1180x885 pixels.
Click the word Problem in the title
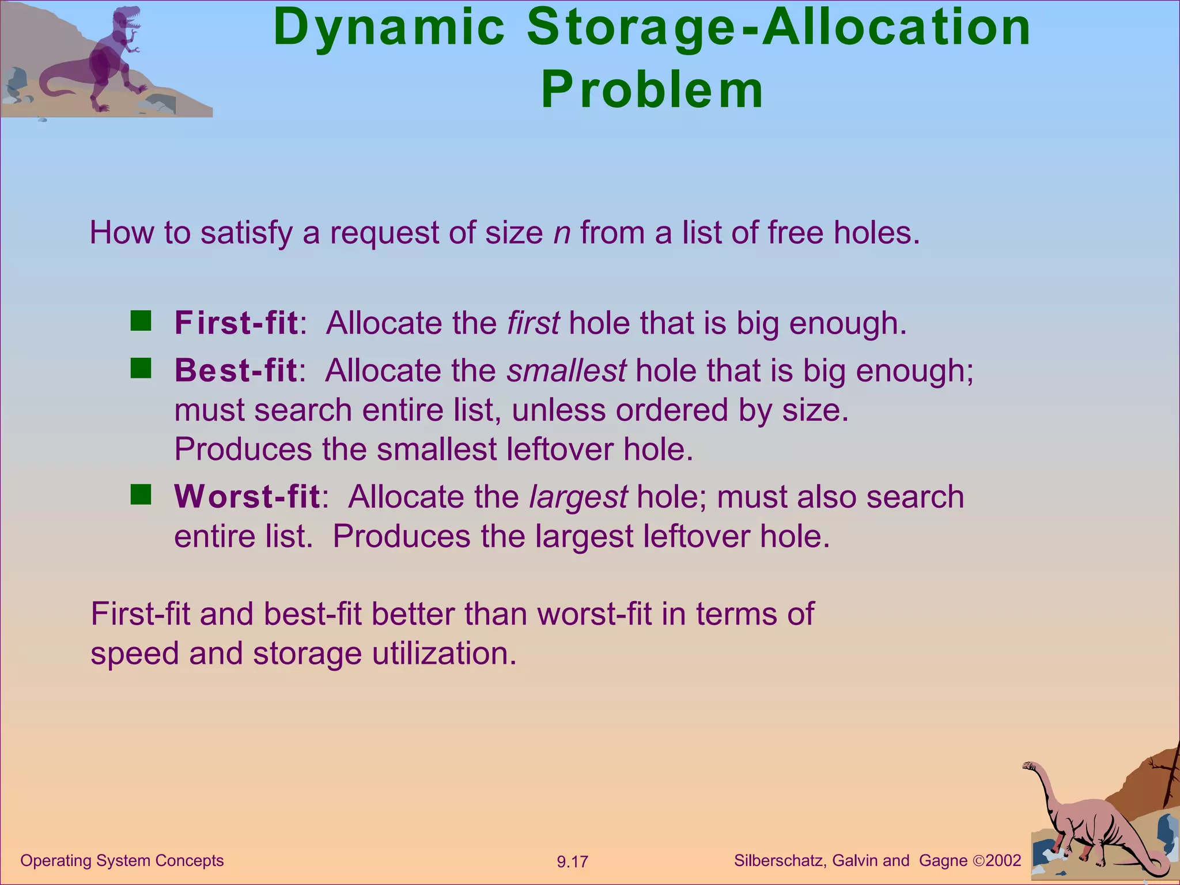(652, 90)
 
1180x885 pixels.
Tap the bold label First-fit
(236, 323)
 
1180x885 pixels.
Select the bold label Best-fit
(236, 370)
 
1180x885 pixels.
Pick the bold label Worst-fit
(247, 497)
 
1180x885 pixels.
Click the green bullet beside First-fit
(141, 321)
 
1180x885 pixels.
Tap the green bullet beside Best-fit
(141, 368)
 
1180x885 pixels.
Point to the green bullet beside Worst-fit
(141, 495)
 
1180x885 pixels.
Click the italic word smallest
(566, 370)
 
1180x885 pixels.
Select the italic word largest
(578, 497)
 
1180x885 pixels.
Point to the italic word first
(532, 323)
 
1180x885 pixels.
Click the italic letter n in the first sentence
(562, 233)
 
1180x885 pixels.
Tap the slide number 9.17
(572, 862)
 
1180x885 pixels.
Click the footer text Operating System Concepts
(122, 860)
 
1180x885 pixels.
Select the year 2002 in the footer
(1003, 861)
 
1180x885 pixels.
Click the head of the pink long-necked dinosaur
(1029, 766)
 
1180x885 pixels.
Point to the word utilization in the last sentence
(443, 654)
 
